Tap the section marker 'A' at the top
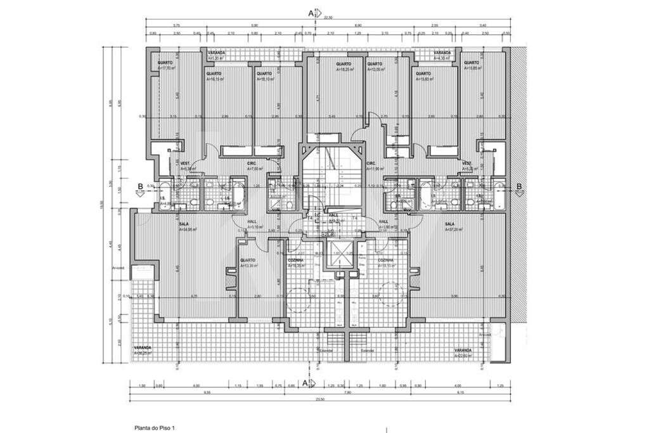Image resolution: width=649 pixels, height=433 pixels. [311, 13]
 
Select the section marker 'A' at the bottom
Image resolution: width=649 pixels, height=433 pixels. [305, 383]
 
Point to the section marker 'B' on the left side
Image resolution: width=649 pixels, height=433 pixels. [140, 186]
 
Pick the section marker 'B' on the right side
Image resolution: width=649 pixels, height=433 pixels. [518, 186]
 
